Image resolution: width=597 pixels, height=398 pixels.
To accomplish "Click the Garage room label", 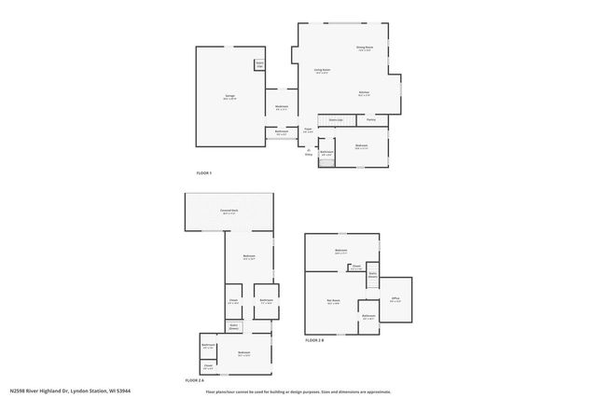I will pyautogui.click(x=229, y=97).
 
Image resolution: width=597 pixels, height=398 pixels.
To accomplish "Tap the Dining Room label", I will pyautogui.click(x=364, y=48).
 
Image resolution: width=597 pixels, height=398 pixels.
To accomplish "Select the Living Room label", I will pyautogui.click(x=322, y=71).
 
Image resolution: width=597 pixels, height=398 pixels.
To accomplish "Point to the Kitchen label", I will pyautogui.click(x=365, y=93).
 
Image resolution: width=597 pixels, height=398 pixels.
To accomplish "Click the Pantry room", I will pyautogui.click(x=370, y=120).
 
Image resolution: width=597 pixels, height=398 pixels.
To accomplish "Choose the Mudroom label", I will pyautogui.click(x=281, y=107).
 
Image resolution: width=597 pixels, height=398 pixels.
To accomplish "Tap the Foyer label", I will pyautogui.click(x=308, y=130).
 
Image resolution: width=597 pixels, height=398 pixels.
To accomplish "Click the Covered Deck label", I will pyautogui.click(x=229, y=212).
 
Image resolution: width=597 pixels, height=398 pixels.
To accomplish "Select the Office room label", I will pyautogui.click(x=396, y=300).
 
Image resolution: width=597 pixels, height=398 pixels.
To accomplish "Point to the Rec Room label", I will pyautogui.click(x=333, y=300).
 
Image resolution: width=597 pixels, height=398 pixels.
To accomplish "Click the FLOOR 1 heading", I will pyautogui.click(x=203, y=173).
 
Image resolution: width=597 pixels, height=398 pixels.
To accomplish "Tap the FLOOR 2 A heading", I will pyautogui.click(x=194, y=380).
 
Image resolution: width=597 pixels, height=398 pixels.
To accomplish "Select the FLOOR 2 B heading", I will pyautogui.click(x=314, y=341).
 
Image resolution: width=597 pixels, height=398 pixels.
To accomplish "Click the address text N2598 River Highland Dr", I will pyautogui.click(x=70, y=391).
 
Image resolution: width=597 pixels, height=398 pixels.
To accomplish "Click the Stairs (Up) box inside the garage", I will pyautogui.click(x=259, y=65).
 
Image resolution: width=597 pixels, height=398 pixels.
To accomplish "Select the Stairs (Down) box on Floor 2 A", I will pyautogui.click(x=233, y=327).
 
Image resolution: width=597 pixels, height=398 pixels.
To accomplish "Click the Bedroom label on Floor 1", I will pyautogui.click(x=361, y=145).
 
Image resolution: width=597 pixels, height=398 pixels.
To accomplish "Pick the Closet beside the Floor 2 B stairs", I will pyautogui.click(x=356, y=267).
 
